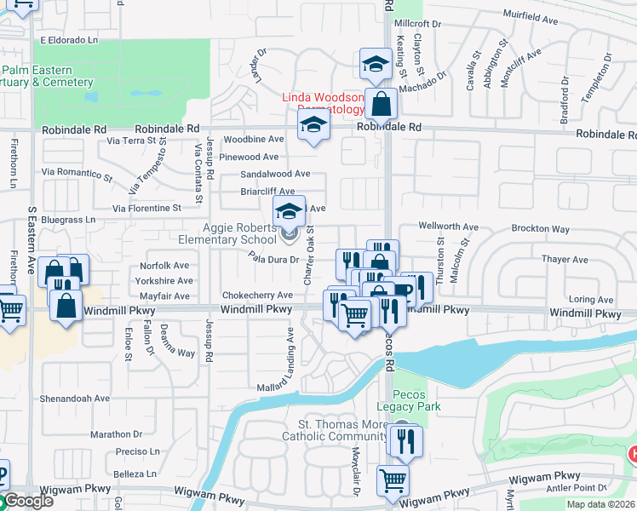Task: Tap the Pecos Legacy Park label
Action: [416, 400]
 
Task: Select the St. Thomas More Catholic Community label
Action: [342, 430]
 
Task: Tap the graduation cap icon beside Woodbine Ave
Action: [313, 127]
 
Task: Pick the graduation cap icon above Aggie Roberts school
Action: [289, 211]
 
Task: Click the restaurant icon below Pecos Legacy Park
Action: [405, 439]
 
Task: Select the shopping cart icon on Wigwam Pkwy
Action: [393, 481]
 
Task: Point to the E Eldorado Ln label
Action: [69, 40]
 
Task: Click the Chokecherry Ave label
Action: [257, 296]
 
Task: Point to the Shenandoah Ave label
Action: [75, 398]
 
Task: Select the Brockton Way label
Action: [541, 229]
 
